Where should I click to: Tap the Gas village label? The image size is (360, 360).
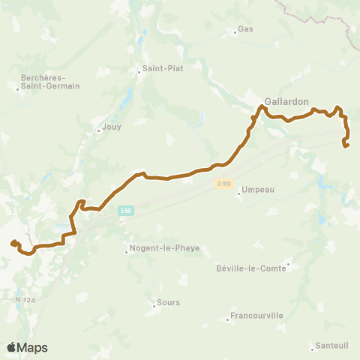pos(245,30)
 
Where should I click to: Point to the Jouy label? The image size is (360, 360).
pos(110,128)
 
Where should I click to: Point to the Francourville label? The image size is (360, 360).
pos(256,316)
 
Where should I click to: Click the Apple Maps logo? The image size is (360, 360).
pos(27,347)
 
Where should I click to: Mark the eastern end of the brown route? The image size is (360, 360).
pos(346,145)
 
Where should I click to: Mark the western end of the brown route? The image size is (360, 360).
pos(13,242)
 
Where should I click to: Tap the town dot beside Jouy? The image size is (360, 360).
pos(97,130)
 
